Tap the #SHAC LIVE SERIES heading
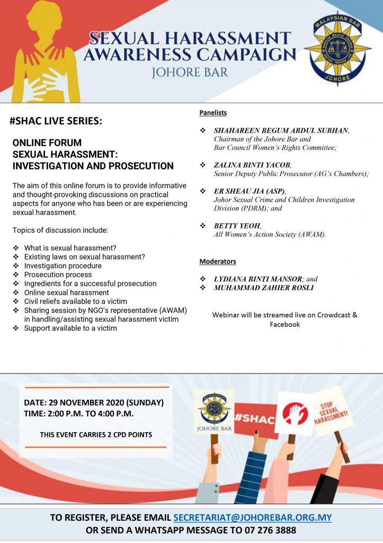56,121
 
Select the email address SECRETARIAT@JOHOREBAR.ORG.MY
252,517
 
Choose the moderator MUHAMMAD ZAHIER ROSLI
263,287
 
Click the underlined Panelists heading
213,112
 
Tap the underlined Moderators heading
218,261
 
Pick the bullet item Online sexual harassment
66,292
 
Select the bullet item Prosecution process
58,275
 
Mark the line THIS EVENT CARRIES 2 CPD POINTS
96,434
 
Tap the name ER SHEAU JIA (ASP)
249,191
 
